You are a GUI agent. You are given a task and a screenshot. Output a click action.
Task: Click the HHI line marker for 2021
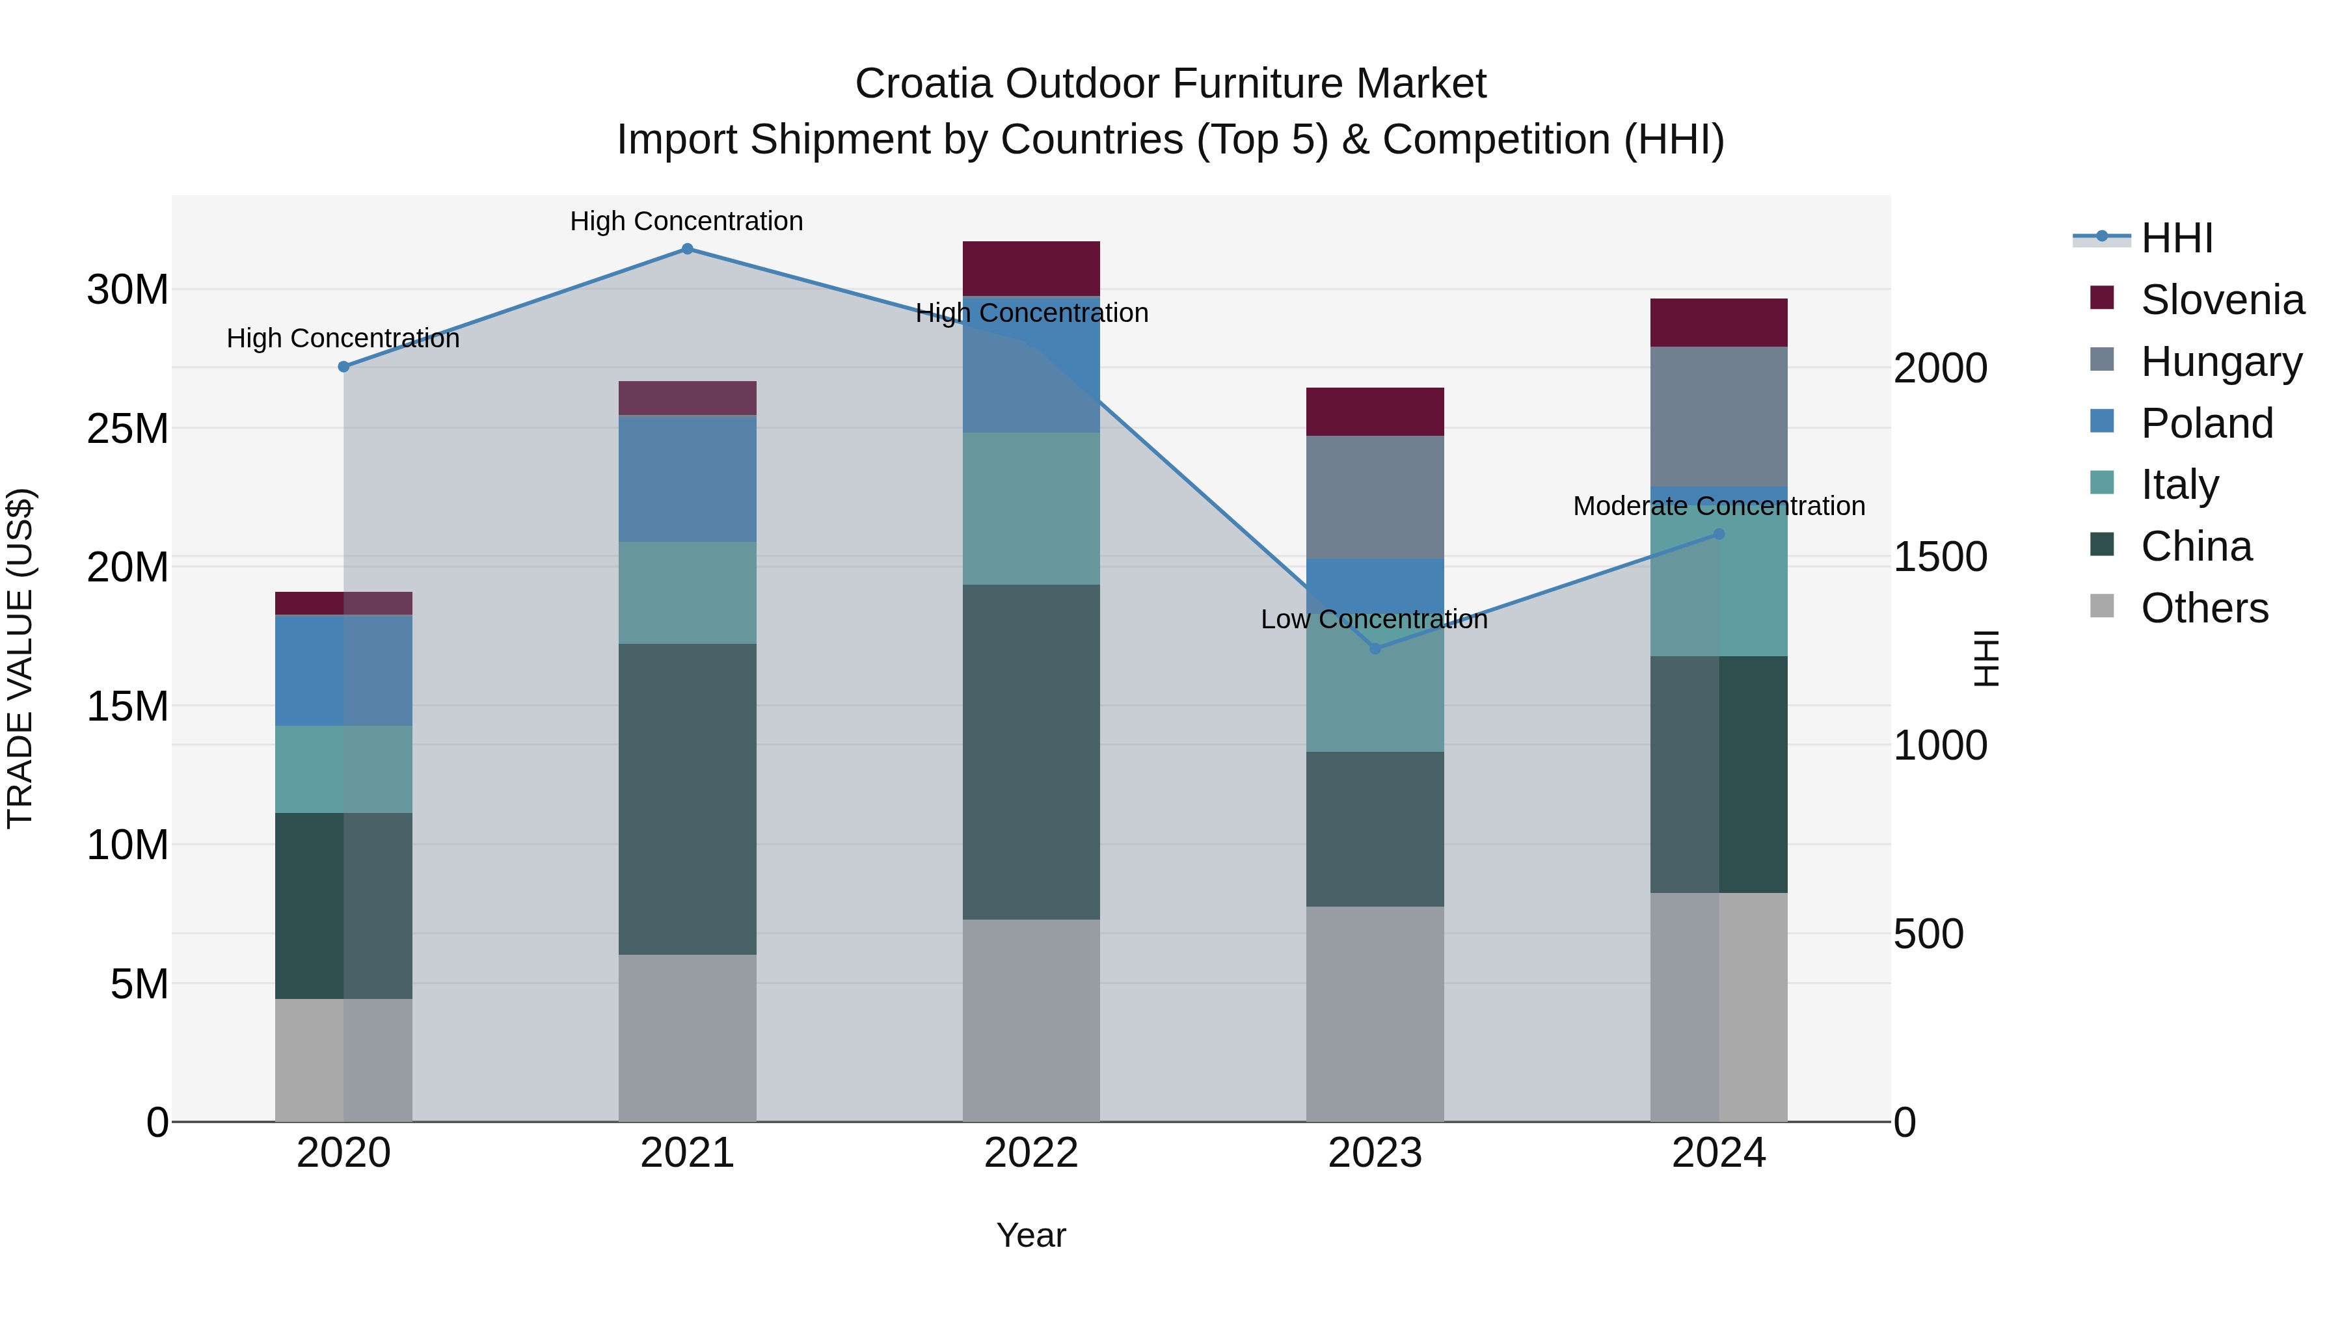pyautogui.click(x=688, y=249)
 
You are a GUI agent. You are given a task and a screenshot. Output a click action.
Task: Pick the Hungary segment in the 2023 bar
pyautogui.click(x=1375, y=496)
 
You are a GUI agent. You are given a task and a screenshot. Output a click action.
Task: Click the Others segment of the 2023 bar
pyautogui.click(x=1375, y=1013)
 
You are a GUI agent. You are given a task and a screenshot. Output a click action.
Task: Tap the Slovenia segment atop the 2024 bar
pyautogui.click(x=1718, y=322)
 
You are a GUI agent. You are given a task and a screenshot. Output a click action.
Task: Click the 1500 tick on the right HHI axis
pyautogui.click(x=1939, y=557)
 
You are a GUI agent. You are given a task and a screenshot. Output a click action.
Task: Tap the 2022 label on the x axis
pyautogui.click(x=1031, y=1152)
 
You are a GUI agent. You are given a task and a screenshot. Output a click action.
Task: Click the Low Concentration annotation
pyautogui.click(x=1374, y=619)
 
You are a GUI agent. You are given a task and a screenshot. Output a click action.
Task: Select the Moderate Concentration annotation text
pyautogui.click(x=1718, y=505)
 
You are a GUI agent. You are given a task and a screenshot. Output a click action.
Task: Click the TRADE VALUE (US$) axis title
pyautogui.click(x=20, y=658)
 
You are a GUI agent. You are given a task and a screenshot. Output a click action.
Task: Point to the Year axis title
pyautogui.click(x=1031, y=1235)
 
